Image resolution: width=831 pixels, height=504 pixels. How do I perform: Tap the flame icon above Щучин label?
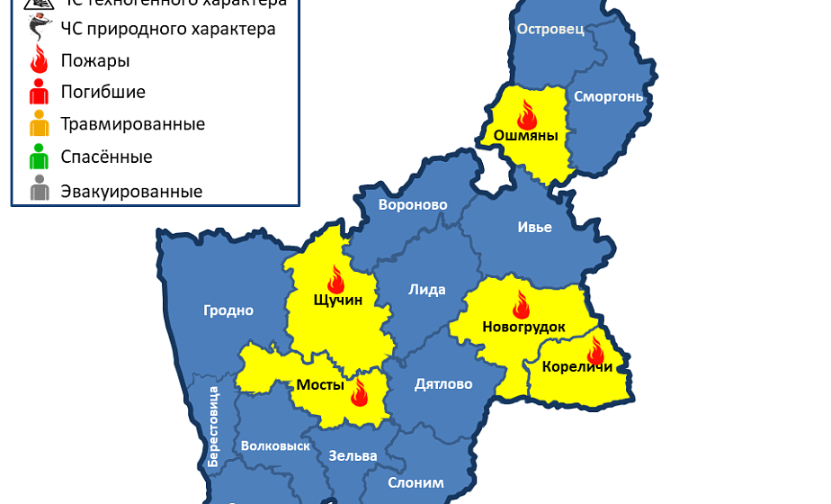coord(336,278)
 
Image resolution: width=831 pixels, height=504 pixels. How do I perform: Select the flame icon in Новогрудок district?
coord(521,304)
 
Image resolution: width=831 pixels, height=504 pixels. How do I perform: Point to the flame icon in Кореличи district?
coord(595,348)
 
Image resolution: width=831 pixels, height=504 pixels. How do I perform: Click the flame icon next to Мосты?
coord(360,391)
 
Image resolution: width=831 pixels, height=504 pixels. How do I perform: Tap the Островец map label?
coord(550,29)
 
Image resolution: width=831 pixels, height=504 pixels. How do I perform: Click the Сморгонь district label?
coord(608,96)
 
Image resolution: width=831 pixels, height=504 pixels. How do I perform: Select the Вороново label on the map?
coord(413,204)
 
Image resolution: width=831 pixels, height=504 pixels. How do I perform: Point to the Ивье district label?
coord(534,227)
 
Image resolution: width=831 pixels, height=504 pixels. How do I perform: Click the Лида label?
coord(426,290)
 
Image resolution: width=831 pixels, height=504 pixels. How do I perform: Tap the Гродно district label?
coord(228,310)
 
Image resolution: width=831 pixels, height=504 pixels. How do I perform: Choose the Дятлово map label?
coord(443,384)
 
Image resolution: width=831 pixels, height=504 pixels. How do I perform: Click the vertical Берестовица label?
coord(213,425)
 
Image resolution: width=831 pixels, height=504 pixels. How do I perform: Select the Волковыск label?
coord(275,445)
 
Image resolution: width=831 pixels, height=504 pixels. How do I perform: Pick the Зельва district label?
coord(353,455)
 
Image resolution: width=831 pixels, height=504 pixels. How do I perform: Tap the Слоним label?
coord(415,482)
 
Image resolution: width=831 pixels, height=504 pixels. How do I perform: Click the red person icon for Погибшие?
coord(39,92)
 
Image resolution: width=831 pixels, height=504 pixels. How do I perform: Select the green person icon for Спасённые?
coord(39,157)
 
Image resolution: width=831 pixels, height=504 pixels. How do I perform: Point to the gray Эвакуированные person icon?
coord(39,191)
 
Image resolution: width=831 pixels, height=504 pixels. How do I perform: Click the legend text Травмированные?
coord(132,124)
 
